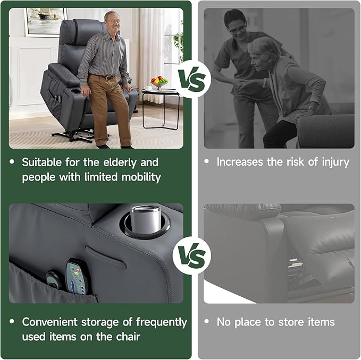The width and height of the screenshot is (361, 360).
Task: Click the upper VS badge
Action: tap(193, 80)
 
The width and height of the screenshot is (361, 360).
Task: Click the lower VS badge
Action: tap(192, 258)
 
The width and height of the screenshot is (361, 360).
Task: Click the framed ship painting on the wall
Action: tap(45, 21)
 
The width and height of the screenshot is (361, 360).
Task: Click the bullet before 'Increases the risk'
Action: tap(207, 161)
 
